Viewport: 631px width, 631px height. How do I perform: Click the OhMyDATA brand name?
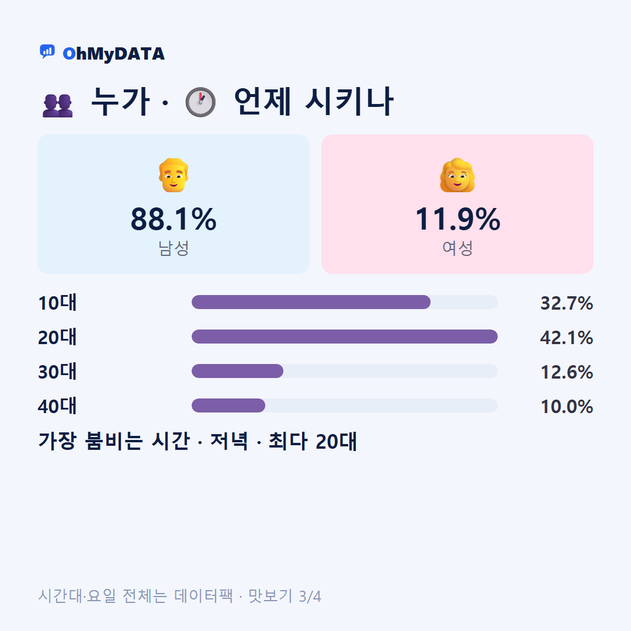click(113, 54)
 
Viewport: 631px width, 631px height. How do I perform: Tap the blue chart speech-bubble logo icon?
click(47, 51)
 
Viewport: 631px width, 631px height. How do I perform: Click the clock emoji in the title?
click(200, 102)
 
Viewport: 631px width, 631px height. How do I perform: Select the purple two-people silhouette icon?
click(57, 105)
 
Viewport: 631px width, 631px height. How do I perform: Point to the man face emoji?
click(174, 175)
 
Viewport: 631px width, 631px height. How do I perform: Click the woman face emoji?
click(457, 175)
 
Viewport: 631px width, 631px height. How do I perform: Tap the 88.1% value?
click(174, 219)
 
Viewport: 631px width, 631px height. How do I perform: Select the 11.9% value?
click(457, 219)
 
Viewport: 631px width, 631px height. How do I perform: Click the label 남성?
click(174, 248)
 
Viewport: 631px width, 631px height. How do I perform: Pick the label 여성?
click(457, 248)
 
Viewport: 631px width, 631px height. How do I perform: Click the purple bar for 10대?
click(311, 302)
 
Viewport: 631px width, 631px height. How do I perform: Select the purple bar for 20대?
click(345, 337)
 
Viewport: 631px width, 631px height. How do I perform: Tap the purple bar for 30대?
click(237, 371)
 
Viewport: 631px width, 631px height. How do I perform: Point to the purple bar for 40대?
click(228, 405)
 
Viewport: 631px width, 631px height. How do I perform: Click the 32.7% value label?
click(567, 303)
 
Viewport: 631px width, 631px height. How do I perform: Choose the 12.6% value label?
click(567, 372)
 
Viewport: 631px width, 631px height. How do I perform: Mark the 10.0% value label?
click(567, 407)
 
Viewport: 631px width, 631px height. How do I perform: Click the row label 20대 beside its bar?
click(57, 337)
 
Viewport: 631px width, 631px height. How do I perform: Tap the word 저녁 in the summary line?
click(229, 441)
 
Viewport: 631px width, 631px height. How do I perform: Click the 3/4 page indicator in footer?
click(310, 597)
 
